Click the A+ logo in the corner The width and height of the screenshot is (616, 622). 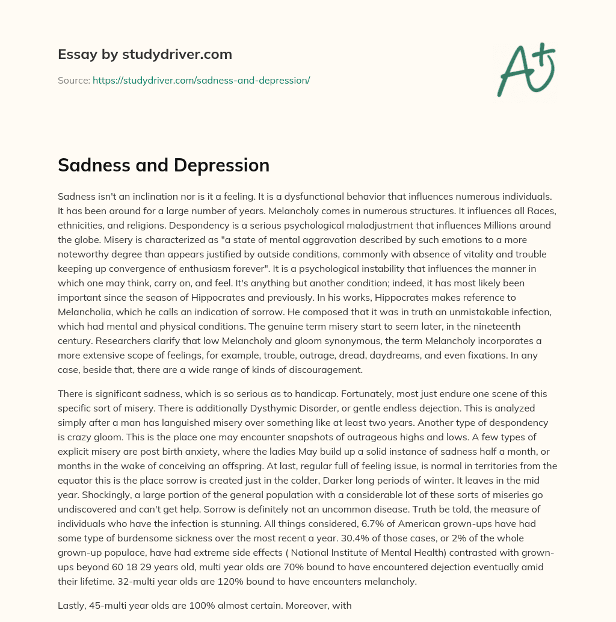[x=526, y=70]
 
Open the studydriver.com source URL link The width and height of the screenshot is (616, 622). [x=201, y=80]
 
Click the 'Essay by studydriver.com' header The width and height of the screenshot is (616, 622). [x=145, y=55]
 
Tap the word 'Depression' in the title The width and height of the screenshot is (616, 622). [x=226, y=165]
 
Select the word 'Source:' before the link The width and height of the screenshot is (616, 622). [x=73, y=80]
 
